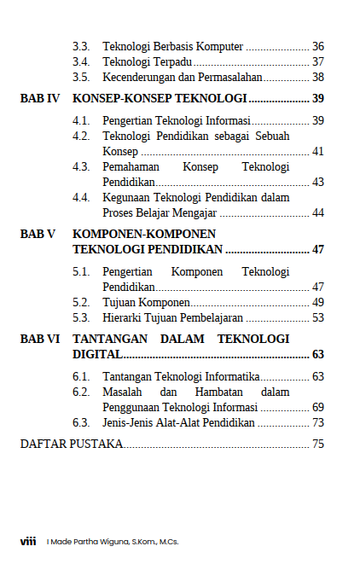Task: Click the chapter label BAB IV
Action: tap(40, 98)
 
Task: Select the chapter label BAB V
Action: tap(38, 234)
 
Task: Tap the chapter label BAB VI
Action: tap(40, 339)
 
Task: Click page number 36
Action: tap(317, 46)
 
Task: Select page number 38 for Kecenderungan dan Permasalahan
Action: tap(317, 77)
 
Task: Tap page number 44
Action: tap(317, 212)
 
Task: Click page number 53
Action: tap(317, 317)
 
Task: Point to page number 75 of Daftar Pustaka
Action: tap(317, 444)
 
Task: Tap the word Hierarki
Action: tap(124, 317)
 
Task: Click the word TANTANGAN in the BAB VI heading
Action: tap(111, 339)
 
